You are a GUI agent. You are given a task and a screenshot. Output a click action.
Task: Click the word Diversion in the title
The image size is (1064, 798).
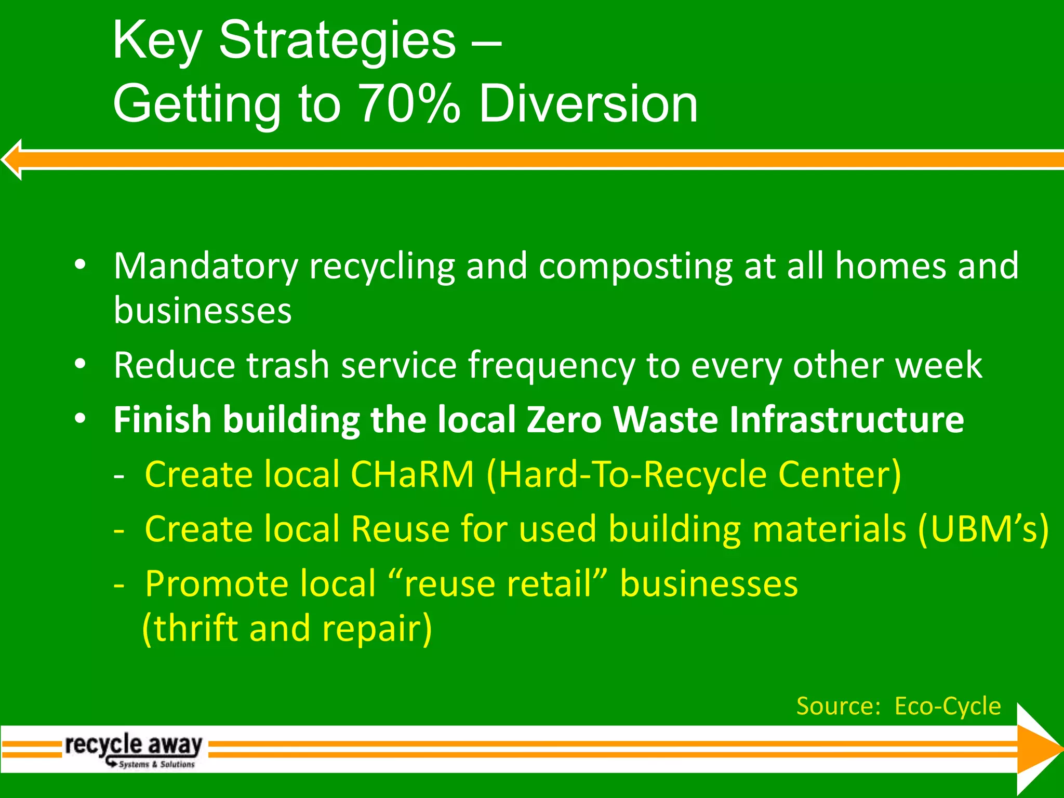point(588,104)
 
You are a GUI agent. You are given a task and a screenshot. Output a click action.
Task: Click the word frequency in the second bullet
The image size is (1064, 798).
point(552,366)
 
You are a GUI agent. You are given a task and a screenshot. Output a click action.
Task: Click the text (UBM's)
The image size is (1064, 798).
point(983,529)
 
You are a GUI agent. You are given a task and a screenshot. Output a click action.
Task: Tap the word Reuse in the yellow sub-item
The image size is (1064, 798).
point(400,529)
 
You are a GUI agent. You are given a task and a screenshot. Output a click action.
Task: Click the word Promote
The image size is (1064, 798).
point(217,584)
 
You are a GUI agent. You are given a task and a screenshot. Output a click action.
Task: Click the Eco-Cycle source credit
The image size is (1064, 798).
point(947,706)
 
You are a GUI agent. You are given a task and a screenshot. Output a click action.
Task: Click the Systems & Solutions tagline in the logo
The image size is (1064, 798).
point(156,764)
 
